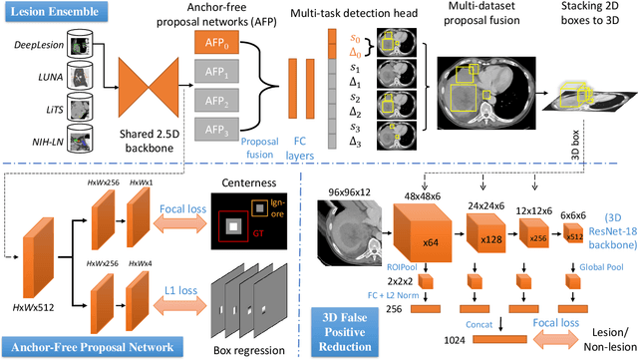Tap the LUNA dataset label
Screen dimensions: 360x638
click(x=47, y=75)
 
